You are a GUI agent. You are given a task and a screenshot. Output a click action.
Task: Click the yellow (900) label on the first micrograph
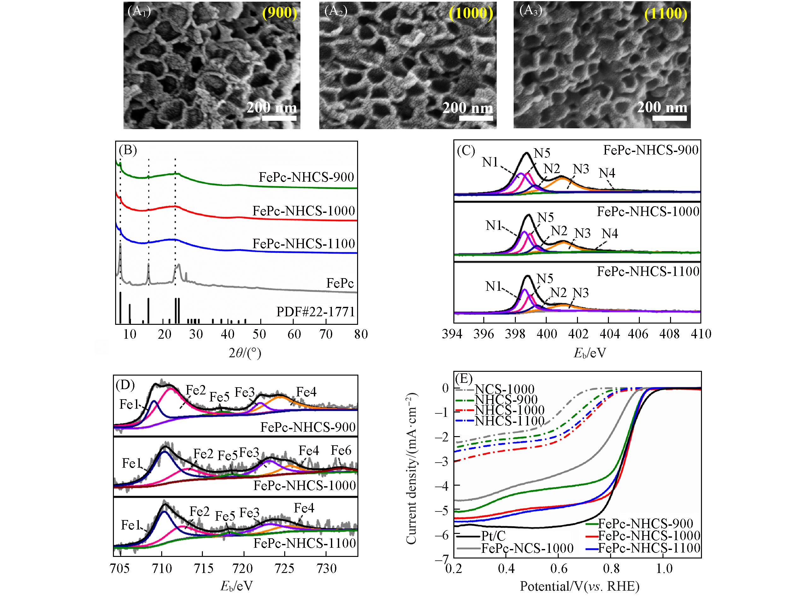click(x=280, y=13)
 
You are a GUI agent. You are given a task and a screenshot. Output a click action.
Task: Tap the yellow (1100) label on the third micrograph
click(x=666, y=14)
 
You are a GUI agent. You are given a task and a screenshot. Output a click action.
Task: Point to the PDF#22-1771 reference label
click(x=315, y=312)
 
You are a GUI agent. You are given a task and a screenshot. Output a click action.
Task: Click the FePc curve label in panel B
click(x=340, y=283)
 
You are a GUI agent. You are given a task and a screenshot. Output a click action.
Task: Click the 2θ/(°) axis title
click(x=245, y=354)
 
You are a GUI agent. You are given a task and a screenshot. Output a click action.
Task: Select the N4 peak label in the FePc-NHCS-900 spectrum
click(x=607, y=173)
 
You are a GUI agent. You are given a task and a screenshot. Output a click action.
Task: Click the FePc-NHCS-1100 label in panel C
click(x=648, y=271)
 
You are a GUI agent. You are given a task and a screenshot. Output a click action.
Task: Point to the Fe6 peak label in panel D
click(x=341, y=451)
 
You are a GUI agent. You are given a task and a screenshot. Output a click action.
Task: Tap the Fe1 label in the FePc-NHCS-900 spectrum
click(x=129, y=405)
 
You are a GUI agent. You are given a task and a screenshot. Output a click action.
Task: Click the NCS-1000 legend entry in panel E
click(x=504, y=389)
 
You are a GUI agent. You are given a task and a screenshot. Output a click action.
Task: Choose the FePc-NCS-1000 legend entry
click(x=527, y=548)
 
